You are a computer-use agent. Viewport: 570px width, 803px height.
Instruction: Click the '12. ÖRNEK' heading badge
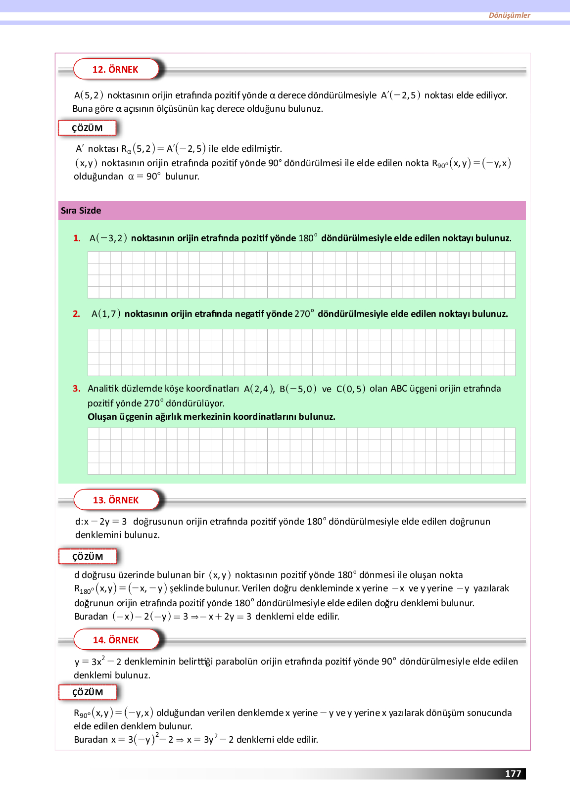click(x=116, y=69)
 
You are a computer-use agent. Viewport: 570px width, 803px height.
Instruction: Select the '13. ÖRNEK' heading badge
click(x=116, y=500)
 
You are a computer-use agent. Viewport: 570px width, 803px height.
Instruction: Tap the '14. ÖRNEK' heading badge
click(x=116, y=640)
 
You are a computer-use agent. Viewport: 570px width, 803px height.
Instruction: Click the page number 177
click(x=513, y=774)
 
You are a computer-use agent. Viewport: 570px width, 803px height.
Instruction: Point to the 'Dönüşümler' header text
click(x=509, y=15)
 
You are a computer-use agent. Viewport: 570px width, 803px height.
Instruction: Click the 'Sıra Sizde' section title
click(x=81, y=211)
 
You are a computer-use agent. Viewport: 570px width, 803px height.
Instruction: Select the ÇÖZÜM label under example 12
click(x=88, y=128)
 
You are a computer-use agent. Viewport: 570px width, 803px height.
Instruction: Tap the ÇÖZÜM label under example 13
click(x=88, y=557)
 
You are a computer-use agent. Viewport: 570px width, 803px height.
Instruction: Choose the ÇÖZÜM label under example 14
click(x=88, y=692)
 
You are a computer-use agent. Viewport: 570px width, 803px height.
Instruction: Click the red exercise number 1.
click(x=77, y=238)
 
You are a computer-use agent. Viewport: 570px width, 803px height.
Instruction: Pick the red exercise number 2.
click(x=76, y=314)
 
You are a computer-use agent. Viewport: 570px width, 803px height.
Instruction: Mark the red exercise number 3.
click(x=76, y=389)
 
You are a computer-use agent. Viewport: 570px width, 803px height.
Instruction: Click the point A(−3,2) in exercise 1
click(x=108, y=238)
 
